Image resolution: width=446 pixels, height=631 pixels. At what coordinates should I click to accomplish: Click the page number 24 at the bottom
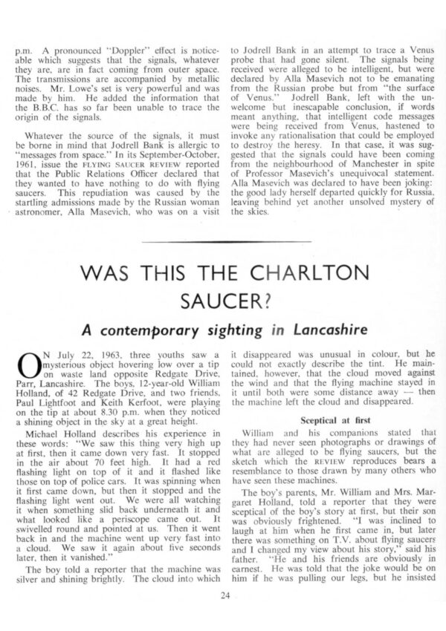[224, 595]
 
